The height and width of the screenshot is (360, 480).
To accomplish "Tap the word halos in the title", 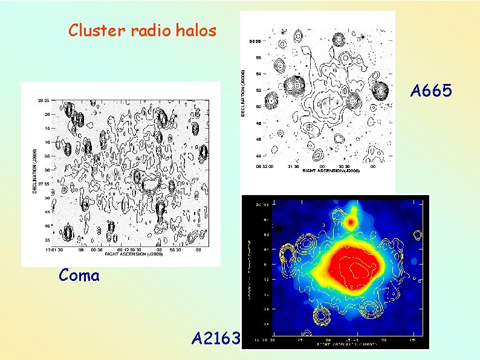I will pos(195,30).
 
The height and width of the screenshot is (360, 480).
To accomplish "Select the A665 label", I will pos(431,91).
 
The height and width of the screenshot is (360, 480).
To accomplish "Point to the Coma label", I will pos(79,275).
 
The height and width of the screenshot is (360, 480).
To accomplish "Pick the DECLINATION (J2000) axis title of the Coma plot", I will pos(34,172).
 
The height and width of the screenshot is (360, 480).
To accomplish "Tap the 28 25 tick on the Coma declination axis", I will pos(44,101).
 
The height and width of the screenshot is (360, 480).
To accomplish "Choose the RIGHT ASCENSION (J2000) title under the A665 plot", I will pos(331,172).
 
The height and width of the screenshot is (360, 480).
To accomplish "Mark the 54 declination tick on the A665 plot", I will pos(258,74).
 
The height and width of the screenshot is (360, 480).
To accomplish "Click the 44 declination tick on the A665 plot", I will pos(258,156).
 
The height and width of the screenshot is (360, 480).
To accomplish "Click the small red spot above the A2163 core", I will pos(350,222).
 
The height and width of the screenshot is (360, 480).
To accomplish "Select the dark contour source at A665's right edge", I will pos(381,91).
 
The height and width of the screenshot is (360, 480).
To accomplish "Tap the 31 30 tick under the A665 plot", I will pos(292,167).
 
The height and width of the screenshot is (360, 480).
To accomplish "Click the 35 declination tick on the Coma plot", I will pos(47,240).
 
